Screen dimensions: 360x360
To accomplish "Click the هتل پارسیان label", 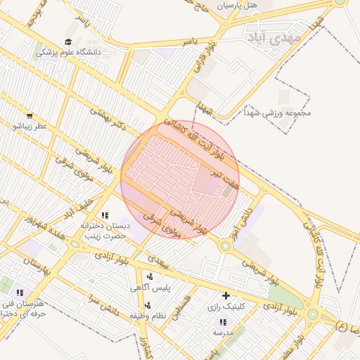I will tap(237, 5).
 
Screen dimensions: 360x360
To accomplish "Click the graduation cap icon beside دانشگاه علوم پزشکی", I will tap(68, 42).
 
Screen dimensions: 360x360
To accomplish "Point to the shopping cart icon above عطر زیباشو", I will tap(29, 116).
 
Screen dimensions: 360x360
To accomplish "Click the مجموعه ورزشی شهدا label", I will tap(277, 113).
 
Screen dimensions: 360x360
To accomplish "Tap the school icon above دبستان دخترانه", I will tap(105, 215).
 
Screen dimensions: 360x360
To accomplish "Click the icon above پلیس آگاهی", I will tap(150, 276).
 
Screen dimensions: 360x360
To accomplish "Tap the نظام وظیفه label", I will tap(148, 316).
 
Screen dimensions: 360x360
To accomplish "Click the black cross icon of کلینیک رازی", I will tap(226, 296).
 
